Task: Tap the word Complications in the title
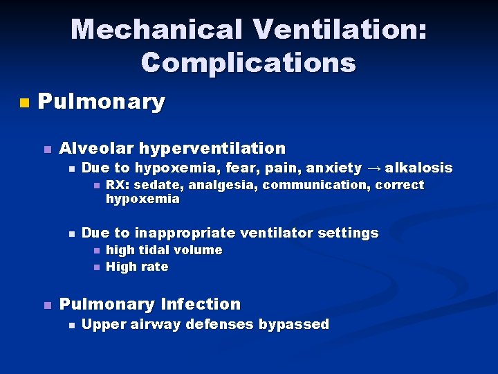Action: point(248,62)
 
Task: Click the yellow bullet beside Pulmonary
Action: point(25,103)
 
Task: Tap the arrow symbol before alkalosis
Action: point(373,168)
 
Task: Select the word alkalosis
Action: point(418,168)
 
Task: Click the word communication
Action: point(318,185)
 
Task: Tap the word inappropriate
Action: point(196,233)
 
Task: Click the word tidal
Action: point(153,250)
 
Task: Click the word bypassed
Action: point(297,324)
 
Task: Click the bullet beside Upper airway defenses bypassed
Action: point(71,325)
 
